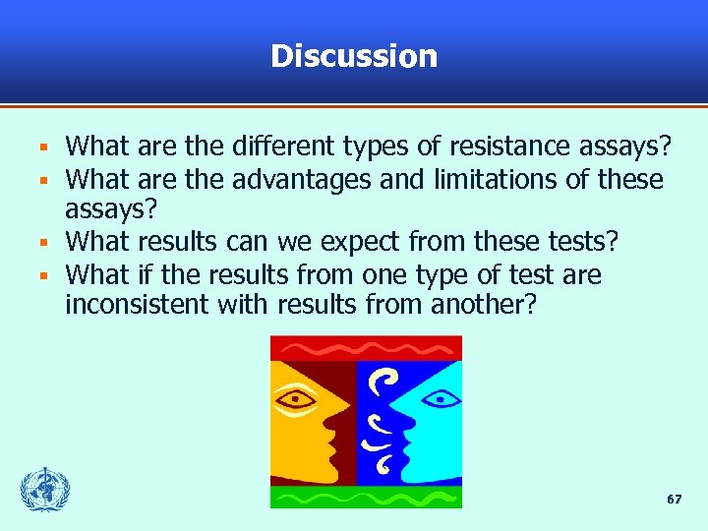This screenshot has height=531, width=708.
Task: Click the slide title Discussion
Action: click(354, 56)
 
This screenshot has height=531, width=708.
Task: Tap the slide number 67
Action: click(674, 500)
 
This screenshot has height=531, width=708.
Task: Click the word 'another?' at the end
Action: click(484, 305)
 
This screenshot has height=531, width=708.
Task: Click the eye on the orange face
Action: click(296, 399)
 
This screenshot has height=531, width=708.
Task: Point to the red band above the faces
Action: click(366, 348)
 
